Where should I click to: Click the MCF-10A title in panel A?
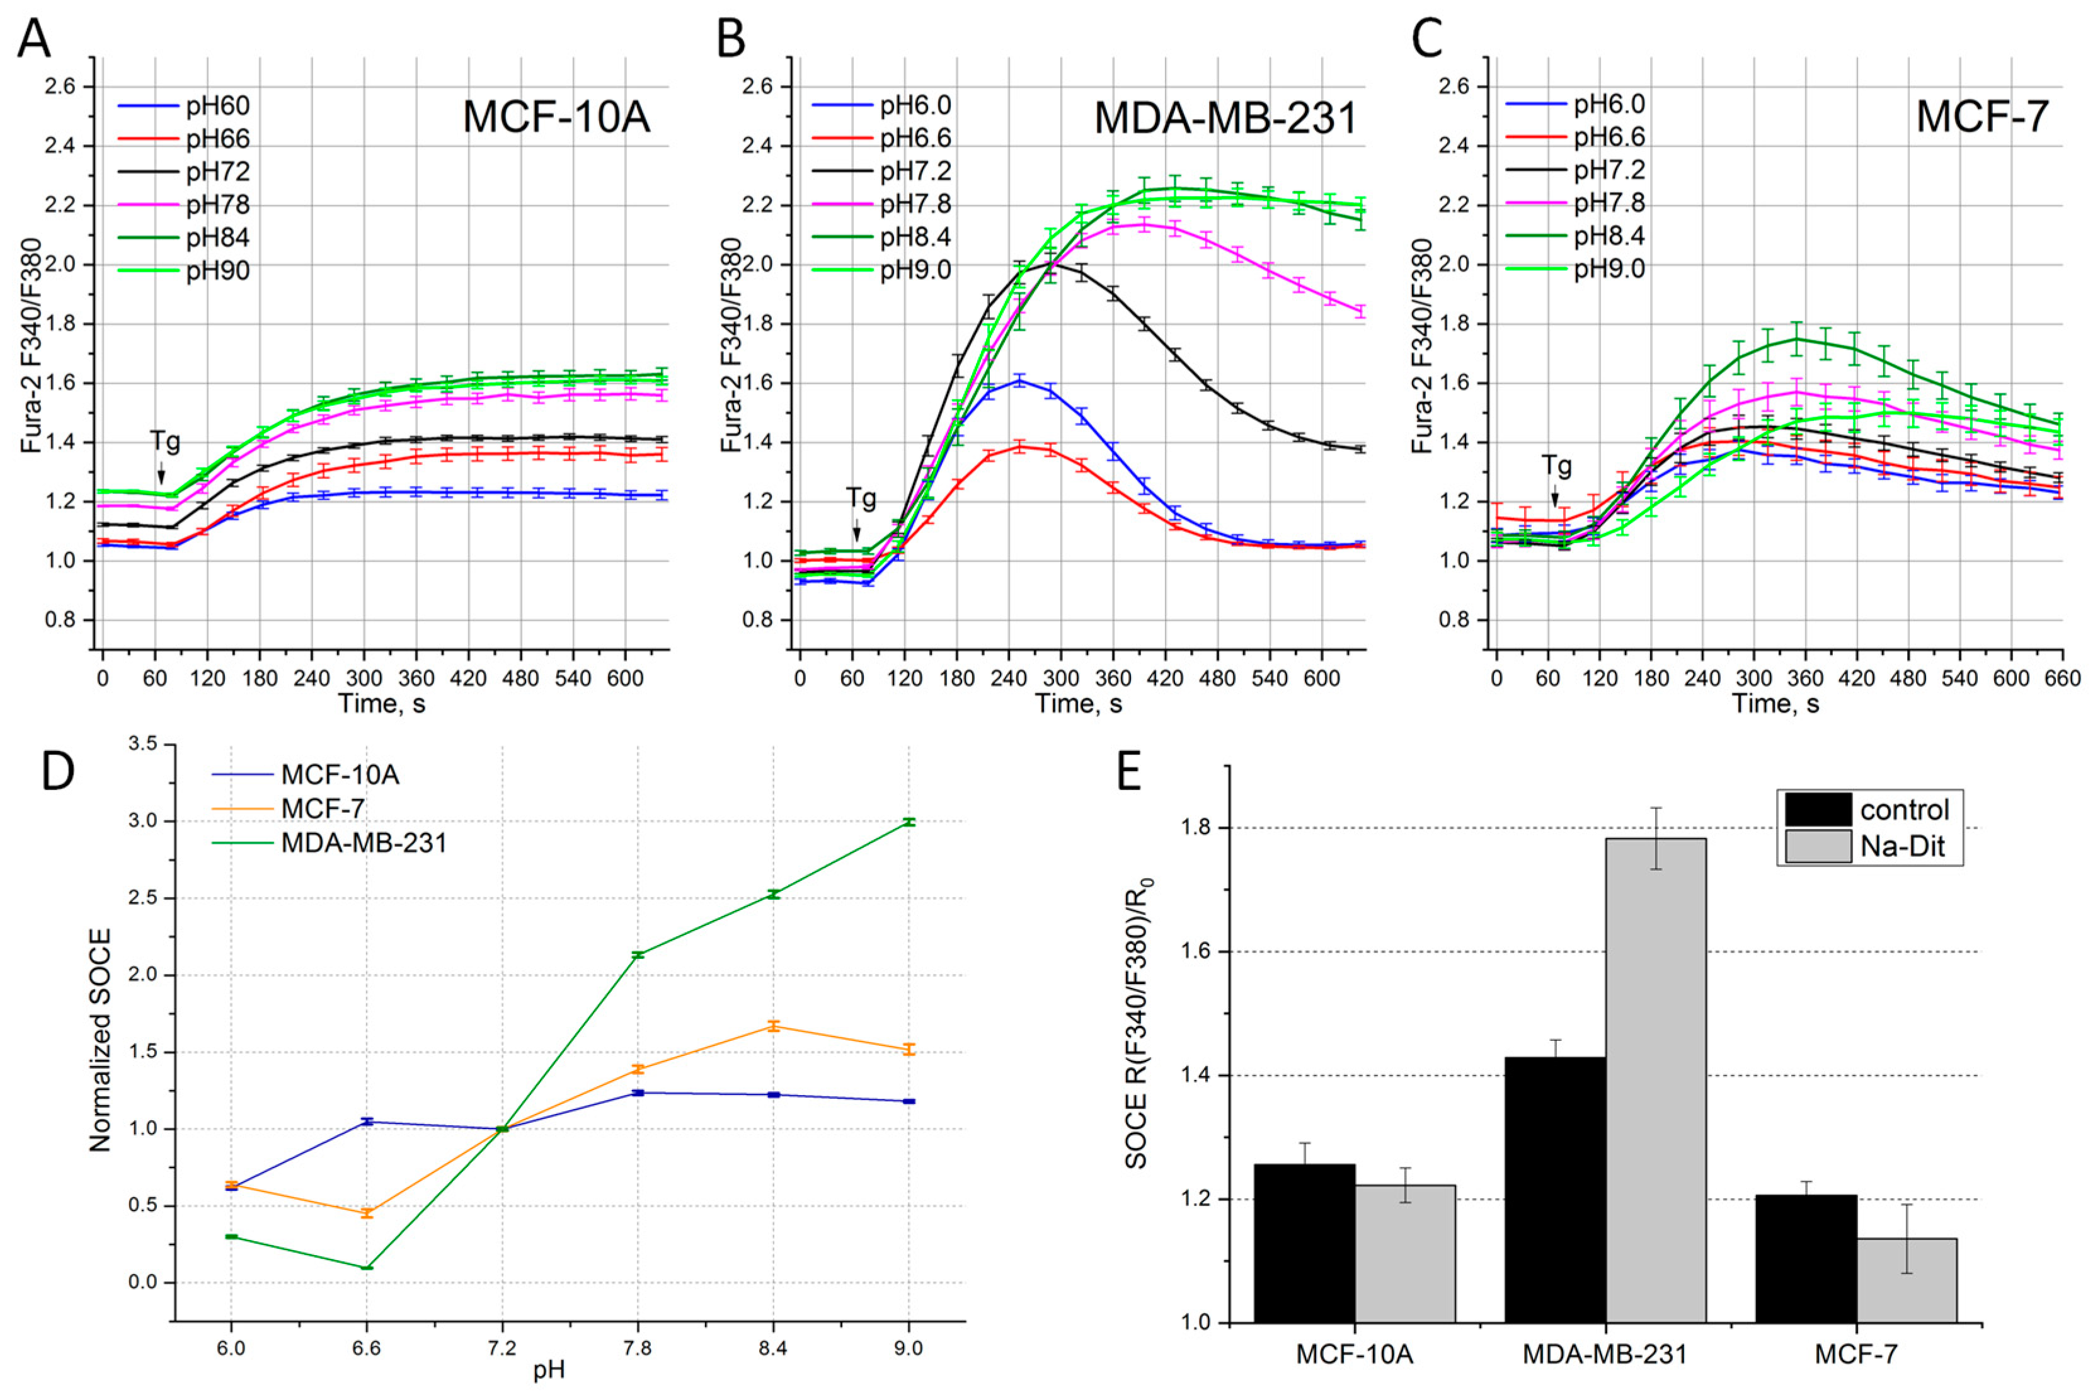point(556,118)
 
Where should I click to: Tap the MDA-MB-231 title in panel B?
point(1225,118)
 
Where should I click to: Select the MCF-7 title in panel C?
point(1981,118)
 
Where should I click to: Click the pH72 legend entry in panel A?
point(217,171)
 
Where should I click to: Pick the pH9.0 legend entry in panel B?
point(915,270)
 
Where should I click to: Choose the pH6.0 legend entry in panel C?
point(1609,105)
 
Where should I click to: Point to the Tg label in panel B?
point(861,497)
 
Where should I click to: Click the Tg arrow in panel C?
point(1554,495)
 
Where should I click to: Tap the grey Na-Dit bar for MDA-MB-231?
point(1656,1081)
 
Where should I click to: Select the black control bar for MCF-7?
point(1806,1259)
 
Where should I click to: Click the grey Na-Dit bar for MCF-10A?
point(1406,1254)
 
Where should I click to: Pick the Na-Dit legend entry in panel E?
point(1902,846)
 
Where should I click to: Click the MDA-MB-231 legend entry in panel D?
point(364,842)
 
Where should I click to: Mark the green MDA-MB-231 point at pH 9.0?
point(909,822)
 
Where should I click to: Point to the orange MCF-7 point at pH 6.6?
point(366,1212)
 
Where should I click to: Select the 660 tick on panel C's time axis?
point(2063,679)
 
